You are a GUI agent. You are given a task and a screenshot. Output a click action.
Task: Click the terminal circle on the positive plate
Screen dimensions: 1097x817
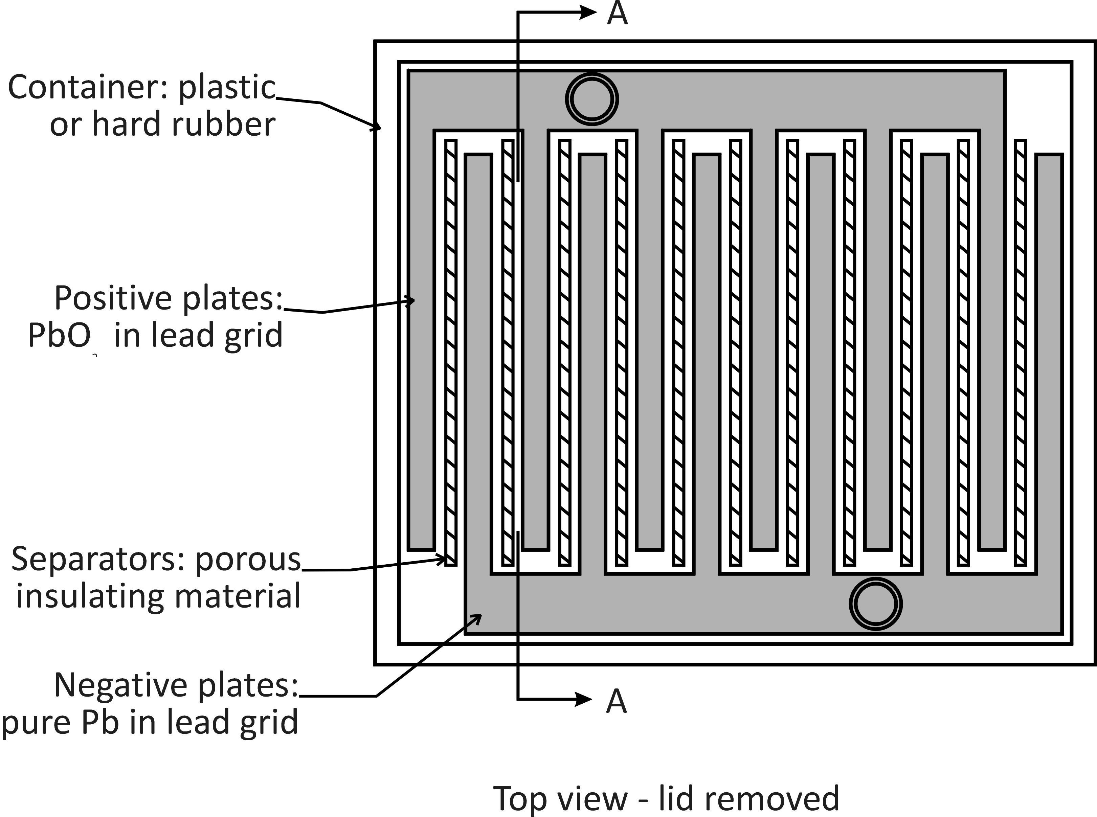592,99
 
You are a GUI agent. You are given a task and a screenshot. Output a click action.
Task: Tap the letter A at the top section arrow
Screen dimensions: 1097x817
617,13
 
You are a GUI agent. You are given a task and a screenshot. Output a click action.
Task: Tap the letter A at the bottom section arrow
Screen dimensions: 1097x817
616,701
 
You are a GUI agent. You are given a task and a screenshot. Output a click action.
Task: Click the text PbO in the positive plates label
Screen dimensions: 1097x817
59,335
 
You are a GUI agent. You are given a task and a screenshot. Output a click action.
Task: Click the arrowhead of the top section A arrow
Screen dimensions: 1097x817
587,13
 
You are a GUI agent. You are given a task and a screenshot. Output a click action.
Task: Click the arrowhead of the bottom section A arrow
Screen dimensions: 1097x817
584,699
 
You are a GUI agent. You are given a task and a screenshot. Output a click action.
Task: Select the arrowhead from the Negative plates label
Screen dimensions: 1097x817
476,619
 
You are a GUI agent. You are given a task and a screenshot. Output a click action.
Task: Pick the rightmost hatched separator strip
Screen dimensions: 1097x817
1020,353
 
